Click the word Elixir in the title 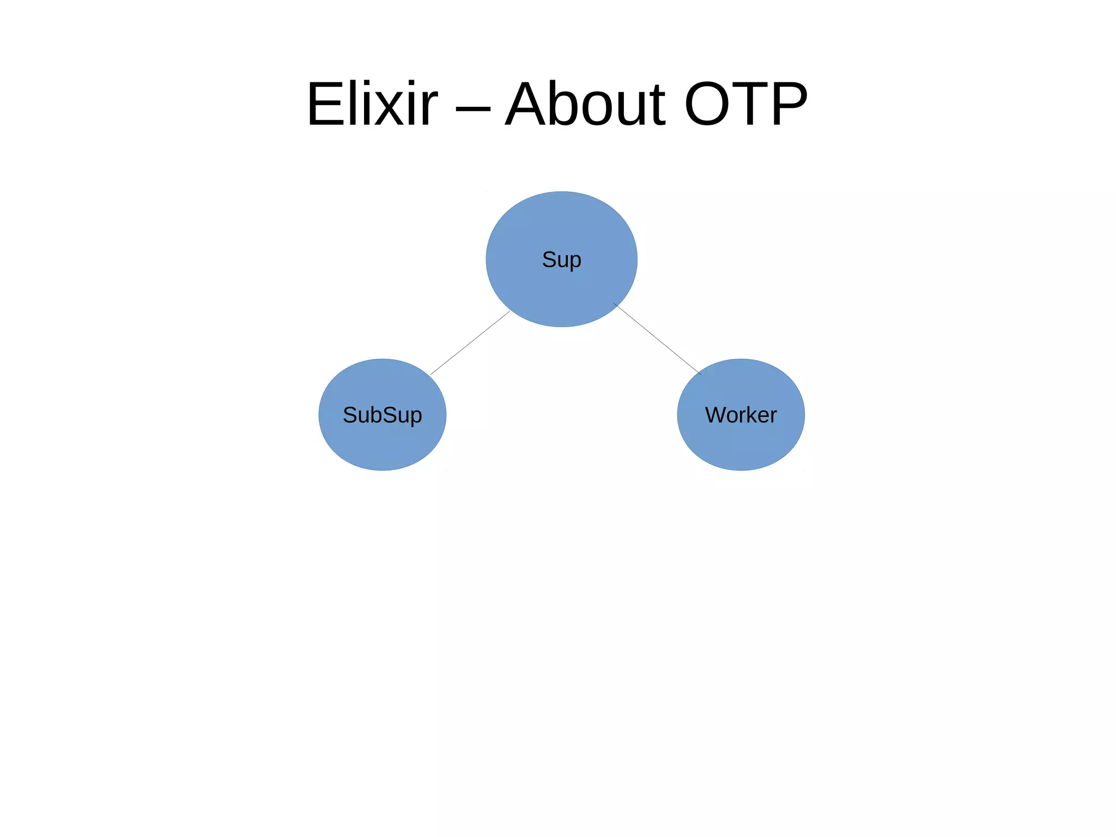coord(372,104)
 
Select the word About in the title coord(585,104)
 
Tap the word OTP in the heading coord(745,104)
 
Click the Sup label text coord(561,260)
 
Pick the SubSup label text coord(382,415)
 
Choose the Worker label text coord(741,415)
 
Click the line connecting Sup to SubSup coord(470,343)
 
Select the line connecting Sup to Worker coord(657,339)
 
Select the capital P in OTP coord(788,104)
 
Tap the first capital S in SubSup coord(350,415)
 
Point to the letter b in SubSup coord(377,415)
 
